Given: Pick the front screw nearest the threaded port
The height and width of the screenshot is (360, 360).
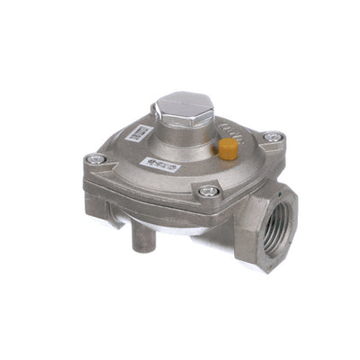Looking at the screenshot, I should (x=209, y=191).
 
